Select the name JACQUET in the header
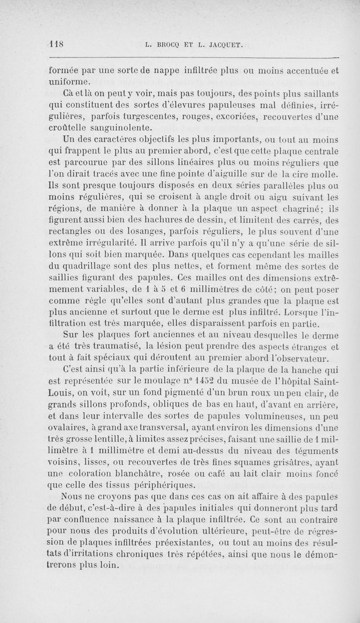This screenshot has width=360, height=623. [x=223, y=44]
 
